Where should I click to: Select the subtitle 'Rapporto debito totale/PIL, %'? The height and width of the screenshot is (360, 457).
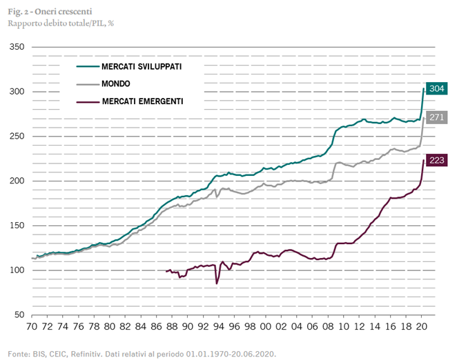coord(56,23)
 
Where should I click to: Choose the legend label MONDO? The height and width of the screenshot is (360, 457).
coord(116,83)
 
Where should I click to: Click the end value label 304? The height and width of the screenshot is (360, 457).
coord(436,89)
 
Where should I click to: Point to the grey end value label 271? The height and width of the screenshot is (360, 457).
coord(436,117)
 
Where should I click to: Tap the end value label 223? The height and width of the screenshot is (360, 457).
coord(436,161)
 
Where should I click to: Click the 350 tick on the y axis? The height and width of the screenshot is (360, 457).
coord(17,48)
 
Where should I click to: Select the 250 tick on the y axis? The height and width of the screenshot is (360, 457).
coord(17,137)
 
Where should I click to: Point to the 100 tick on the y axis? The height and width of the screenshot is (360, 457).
coord(17,270)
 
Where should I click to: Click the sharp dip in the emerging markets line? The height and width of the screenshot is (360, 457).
coord(217,283)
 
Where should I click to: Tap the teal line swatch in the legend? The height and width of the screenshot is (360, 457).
coord(86,67)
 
